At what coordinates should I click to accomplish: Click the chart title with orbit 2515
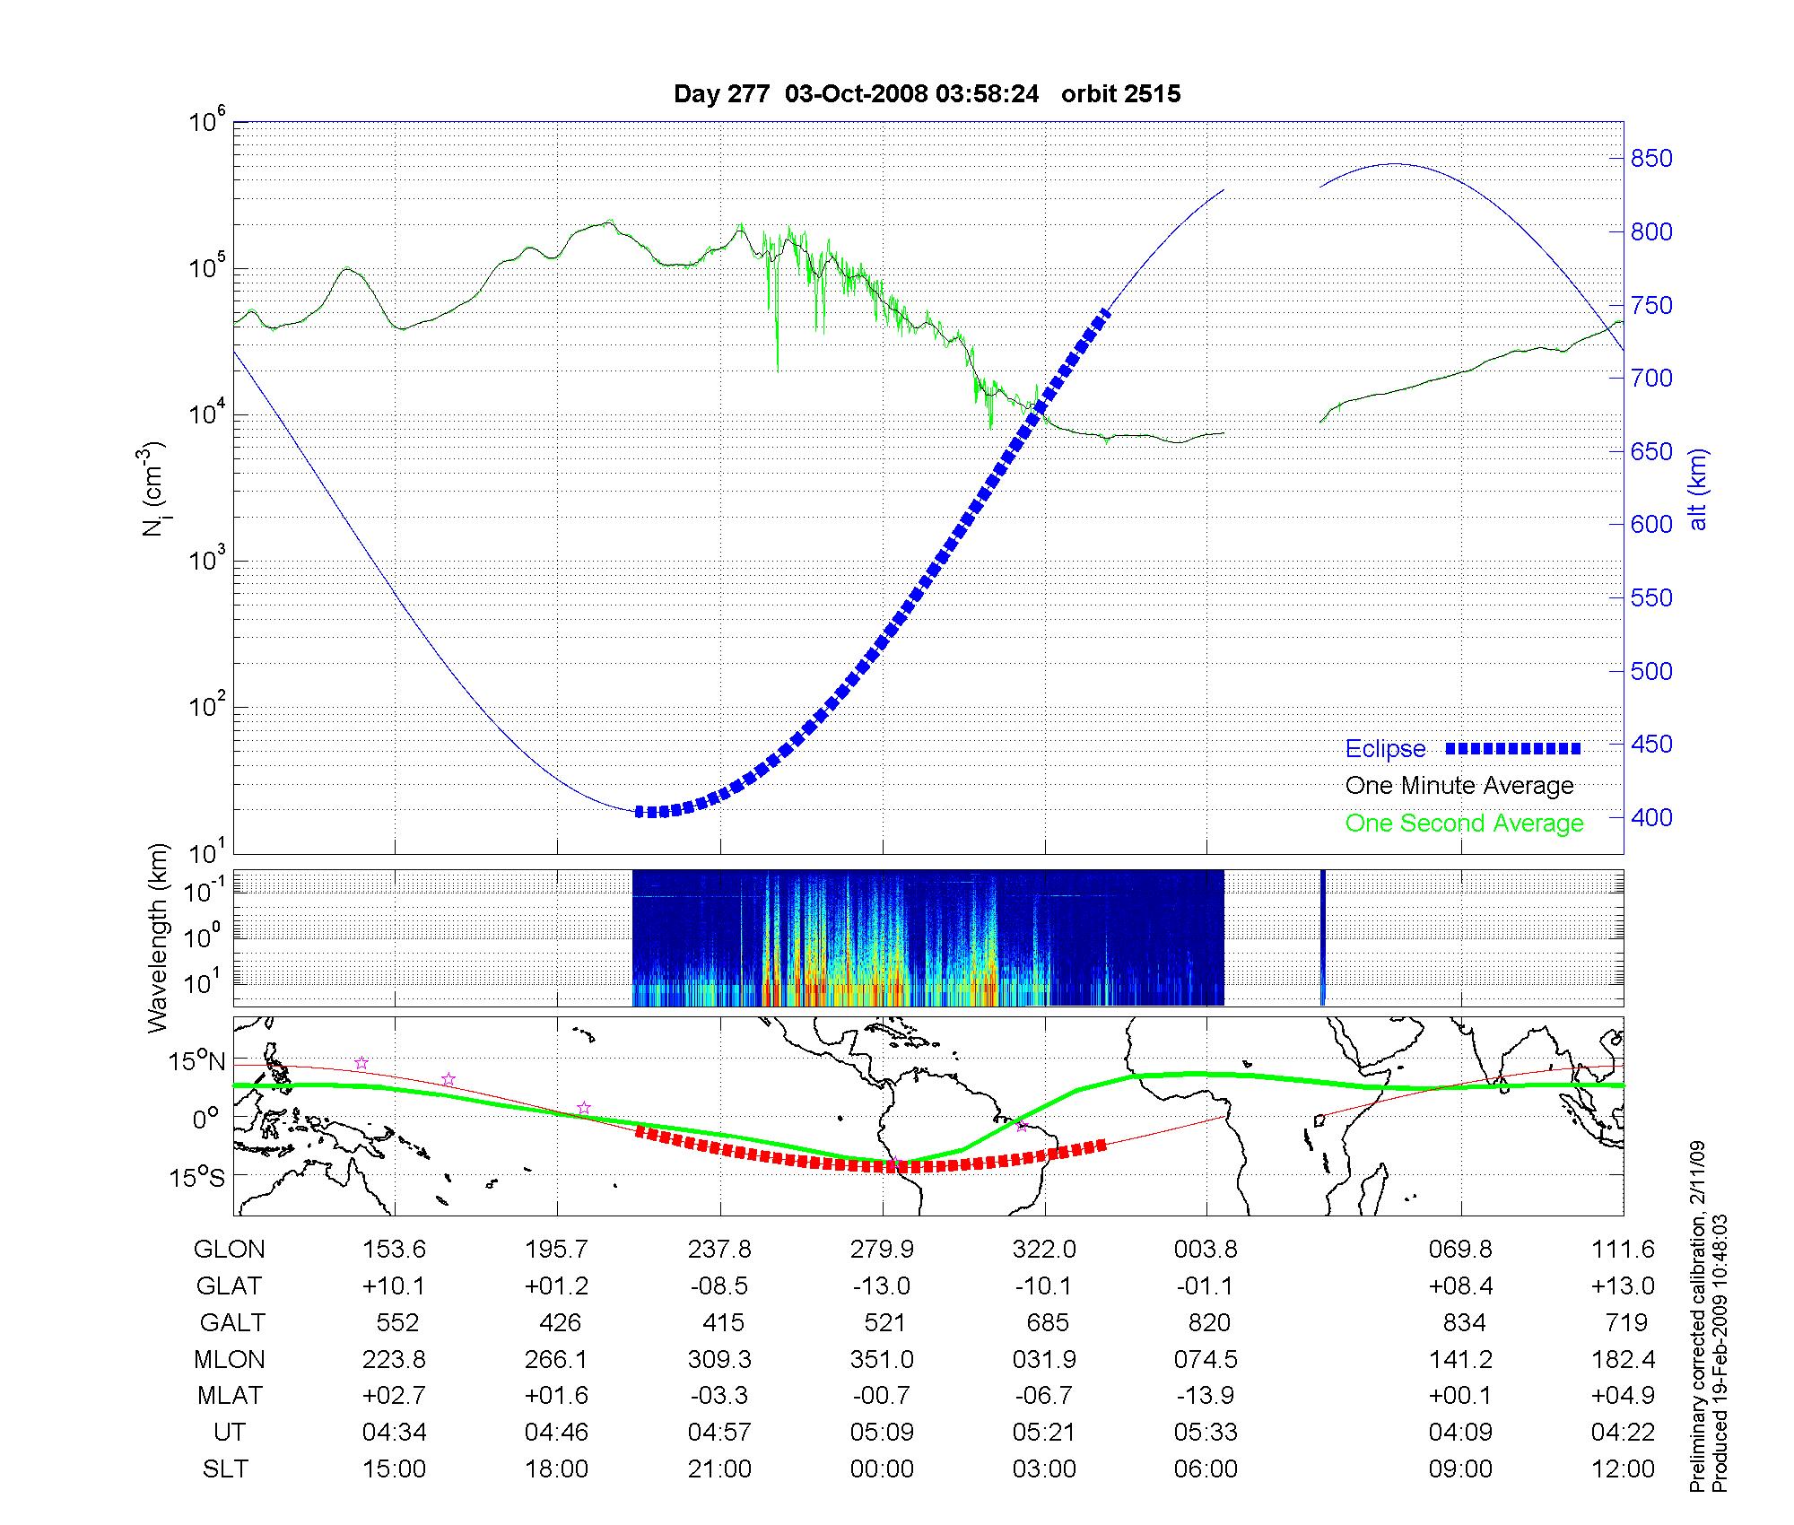coord(927,94)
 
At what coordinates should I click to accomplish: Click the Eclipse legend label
coord(1385,749)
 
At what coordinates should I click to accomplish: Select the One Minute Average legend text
coord(1459,786)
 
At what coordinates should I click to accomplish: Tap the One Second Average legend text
coord(1464,823)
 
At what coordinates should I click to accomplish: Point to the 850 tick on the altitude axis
coord(1651,159)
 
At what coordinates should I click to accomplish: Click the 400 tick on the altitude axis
coord(1651,817)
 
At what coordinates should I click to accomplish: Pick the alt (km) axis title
coord(1698,489)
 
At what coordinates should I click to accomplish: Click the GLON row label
coord(230,1250)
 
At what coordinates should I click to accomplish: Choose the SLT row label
coord(225,1469)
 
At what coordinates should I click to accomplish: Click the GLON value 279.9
coord(882,1250)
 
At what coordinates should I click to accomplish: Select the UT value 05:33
coord(1206,1433)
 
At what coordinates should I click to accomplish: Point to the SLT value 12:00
coord(1622,1469)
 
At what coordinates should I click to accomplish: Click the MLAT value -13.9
coord(1206,1396)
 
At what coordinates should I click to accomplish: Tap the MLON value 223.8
coord(394,1360)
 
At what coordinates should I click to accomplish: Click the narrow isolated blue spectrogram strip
coord(1322,937)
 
